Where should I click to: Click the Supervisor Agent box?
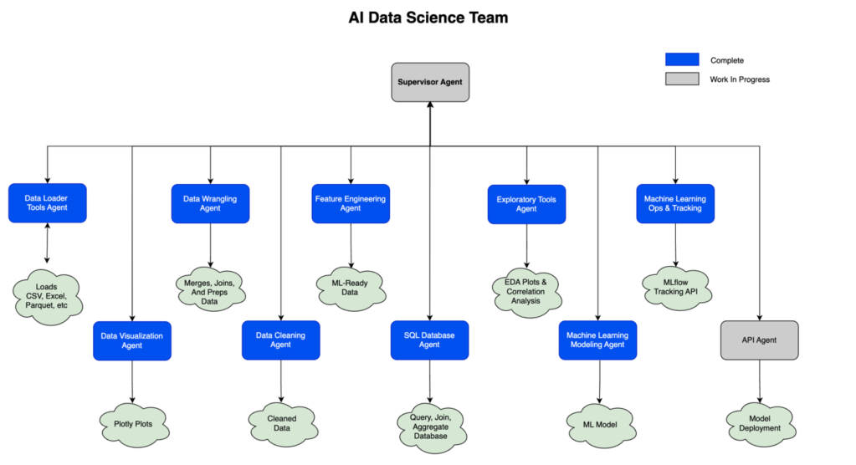(430, 82)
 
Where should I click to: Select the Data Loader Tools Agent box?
(47, 203)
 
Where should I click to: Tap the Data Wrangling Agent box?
(210, 203)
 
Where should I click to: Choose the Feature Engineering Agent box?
(351, 203)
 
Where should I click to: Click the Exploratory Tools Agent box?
(526, 203)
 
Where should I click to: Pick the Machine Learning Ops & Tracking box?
(675, 203)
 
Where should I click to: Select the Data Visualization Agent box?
(132, 340)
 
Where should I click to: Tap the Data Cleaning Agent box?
(280, 340)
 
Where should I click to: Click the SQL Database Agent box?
(430, 340)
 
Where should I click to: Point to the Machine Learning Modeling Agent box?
(598, 340)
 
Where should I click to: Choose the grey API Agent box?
(759, 340)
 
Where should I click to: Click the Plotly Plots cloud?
(133, 423)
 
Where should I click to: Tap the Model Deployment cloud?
(759, 423)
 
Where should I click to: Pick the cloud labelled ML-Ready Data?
(351, 288)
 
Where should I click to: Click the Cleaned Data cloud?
(281, 423)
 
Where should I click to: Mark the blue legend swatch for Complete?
(682, 59)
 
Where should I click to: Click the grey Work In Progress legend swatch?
(682, 79)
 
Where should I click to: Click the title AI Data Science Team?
(428, 18)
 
